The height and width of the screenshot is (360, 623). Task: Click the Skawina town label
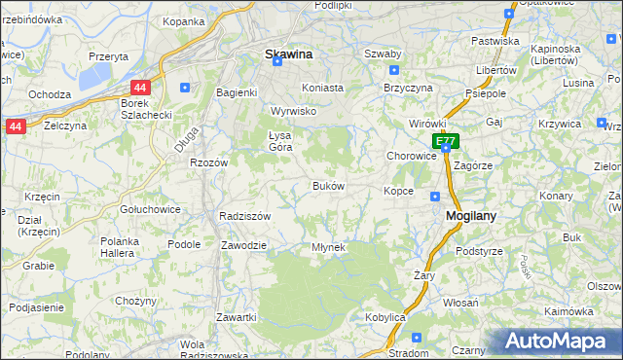[x=288, y=54]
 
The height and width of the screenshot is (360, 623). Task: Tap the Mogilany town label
[x=472, y=218]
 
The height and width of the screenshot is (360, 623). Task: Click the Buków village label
[x=328, y=186]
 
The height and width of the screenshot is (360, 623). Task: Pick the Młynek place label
[x=328, y=247]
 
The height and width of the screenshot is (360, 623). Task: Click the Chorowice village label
[x=411, y=156]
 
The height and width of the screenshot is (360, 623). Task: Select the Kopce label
[x=399, y=191]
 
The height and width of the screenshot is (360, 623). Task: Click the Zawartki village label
[x=237, y=317]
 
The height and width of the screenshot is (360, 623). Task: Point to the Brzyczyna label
[x=408, y=87]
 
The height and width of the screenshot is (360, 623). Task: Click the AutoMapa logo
[x=558, y=342]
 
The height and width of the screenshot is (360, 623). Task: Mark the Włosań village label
[x=459, y=303]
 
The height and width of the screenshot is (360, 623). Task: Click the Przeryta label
[x=108, y=56]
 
